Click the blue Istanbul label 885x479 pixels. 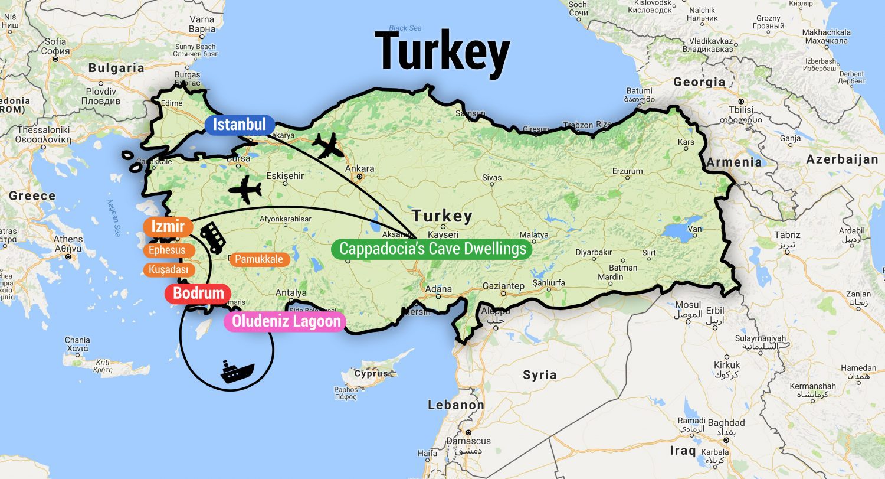(240, 125)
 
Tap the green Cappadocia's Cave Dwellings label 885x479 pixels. (432, 249)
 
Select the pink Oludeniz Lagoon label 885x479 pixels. (286, 321)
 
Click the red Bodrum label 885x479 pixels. (198, 294)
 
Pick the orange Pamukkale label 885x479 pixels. (259, 259)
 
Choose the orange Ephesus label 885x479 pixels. (168, 250)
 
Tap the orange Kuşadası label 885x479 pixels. (169, 270)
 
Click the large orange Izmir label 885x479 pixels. (168, 227)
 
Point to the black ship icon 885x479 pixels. (237, 371)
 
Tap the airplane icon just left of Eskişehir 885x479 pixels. (244, 190)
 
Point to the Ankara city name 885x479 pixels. (359, 168)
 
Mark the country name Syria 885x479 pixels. (539, 374)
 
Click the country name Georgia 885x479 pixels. (699, 82)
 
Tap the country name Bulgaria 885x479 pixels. (116, 68)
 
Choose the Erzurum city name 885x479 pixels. (627, 171)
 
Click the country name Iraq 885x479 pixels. (683, 451)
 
